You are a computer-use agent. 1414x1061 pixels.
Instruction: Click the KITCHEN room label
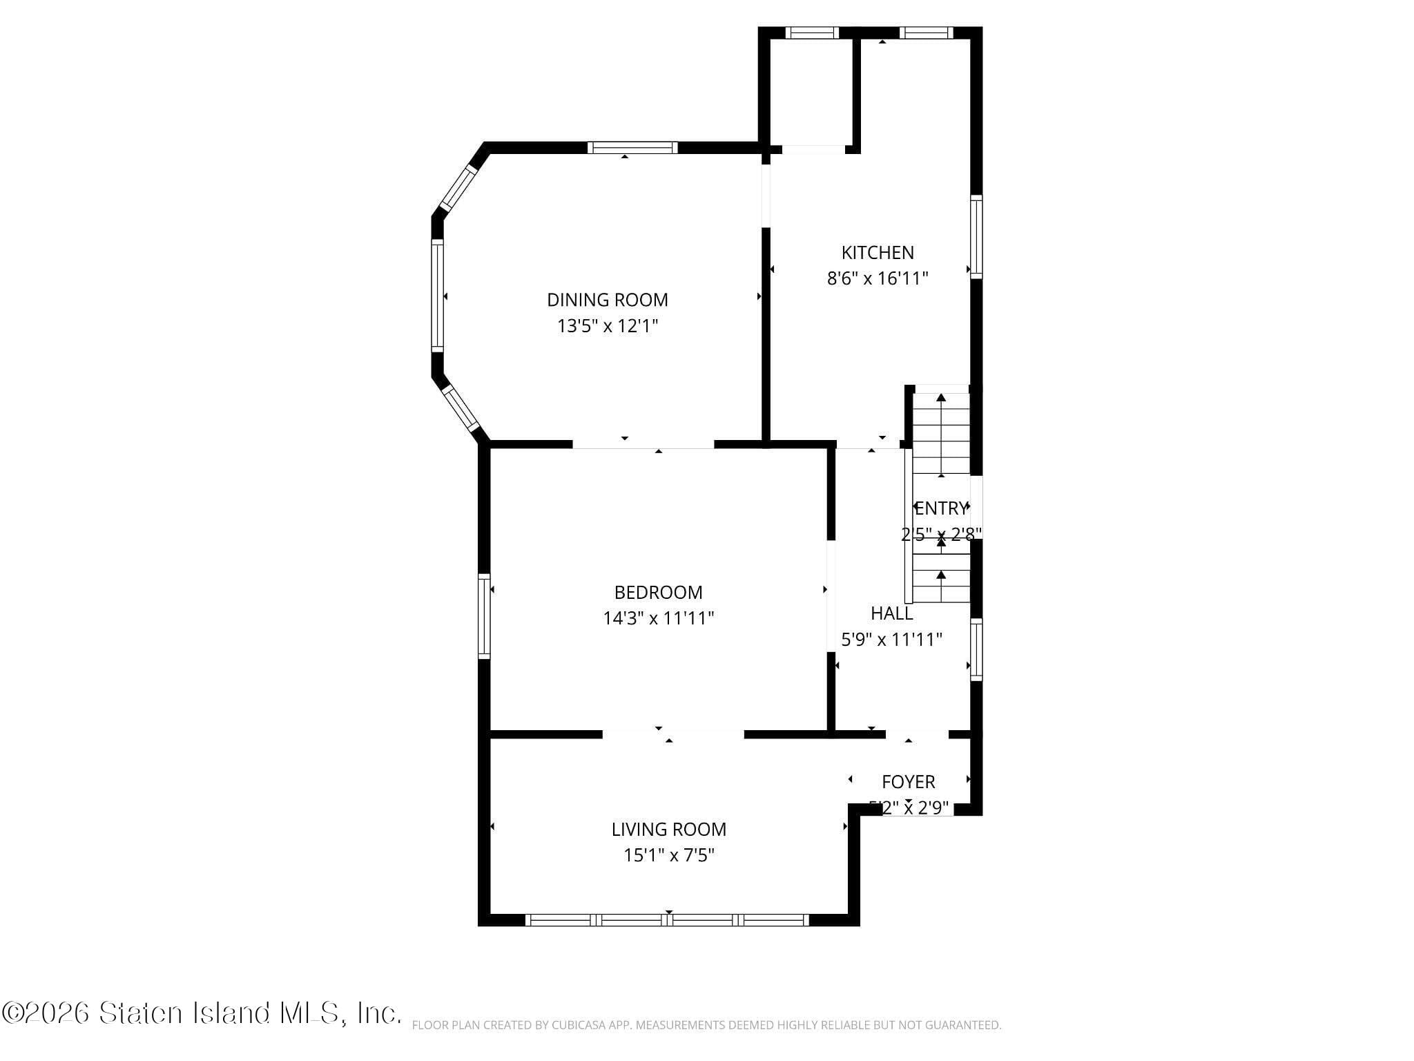click(877, 253)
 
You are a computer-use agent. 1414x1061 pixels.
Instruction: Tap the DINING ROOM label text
click(607, 300)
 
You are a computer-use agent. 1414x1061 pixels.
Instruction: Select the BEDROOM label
click(658, 592)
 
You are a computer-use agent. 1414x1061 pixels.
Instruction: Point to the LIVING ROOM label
click(668, 829)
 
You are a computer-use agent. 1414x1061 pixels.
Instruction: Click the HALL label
click(891, 613)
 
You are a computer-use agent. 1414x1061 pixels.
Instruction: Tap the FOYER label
click(908, 782)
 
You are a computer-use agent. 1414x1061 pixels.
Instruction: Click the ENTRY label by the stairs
click(940, 508)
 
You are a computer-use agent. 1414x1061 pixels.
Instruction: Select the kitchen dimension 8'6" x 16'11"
click(877, 278)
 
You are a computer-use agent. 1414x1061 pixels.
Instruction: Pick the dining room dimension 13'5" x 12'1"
click(607, 326)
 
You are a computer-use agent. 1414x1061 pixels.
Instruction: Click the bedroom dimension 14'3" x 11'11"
click(658, 618)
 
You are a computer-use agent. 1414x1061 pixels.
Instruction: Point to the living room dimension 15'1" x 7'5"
click(668, 855)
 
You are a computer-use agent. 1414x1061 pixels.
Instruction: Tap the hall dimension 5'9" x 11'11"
click(891, 639)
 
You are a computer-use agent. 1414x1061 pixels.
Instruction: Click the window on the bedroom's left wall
click(484, 615)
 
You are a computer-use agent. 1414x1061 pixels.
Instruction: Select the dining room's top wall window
click(632, 147)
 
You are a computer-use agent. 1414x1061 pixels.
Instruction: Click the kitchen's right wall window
click(976, 237)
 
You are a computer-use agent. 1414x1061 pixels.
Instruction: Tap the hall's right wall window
click(976, 649)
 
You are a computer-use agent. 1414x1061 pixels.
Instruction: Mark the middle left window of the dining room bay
click(437, 296)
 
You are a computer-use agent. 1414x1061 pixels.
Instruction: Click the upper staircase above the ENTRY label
click(941, 434)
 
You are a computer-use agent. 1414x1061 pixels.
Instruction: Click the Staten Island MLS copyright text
click(200, 1013)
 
